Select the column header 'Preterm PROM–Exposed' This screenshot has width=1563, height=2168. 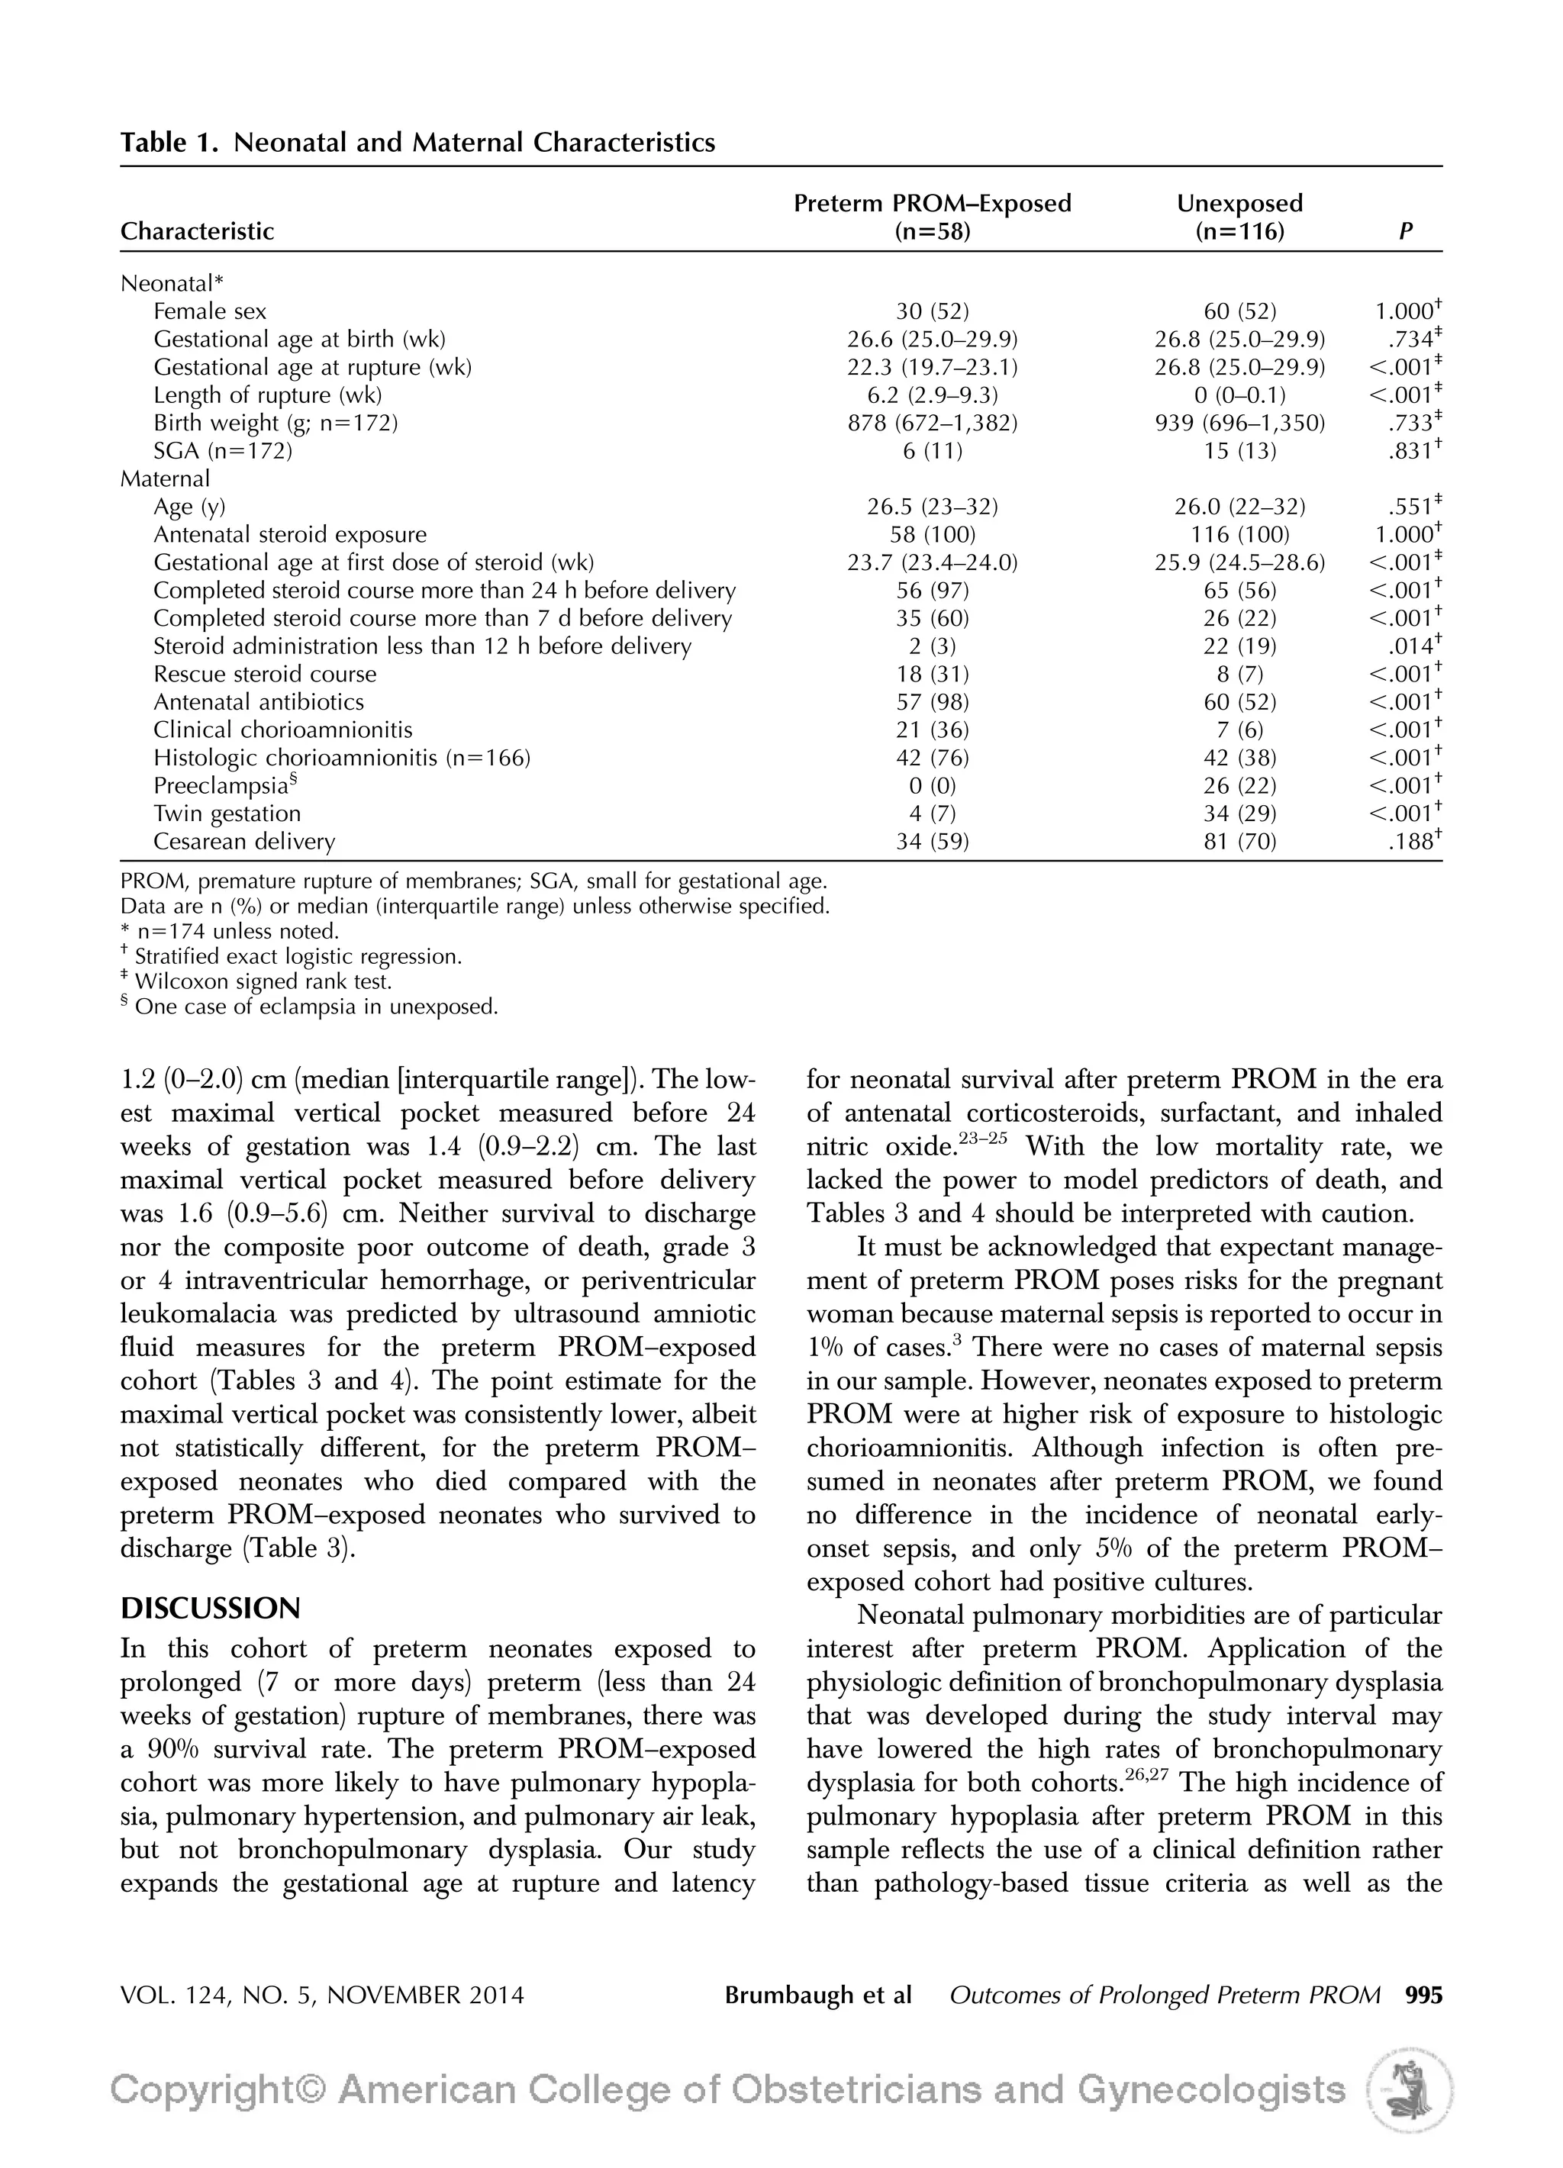click(932, 204)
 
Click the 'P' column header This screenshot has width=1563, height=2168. click(1405, 231)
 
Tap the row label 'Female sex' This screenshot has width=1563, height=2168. click(209, 311)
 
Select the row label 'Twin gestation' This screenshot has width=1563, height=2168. click(227, 814)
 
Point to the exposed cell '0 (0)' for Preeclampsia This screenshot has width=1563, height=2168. click(932, 786)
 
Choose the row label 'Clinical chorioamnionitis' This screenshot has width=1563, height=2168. click(283, 730)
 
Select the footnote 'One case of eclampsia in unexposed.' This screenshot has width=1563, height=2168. click(315, 1007)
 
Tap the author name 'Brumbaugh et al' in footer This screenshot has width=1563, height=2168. click(817, 1995)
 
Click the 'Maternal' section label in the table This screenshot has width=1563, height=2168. click(164, 479)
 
